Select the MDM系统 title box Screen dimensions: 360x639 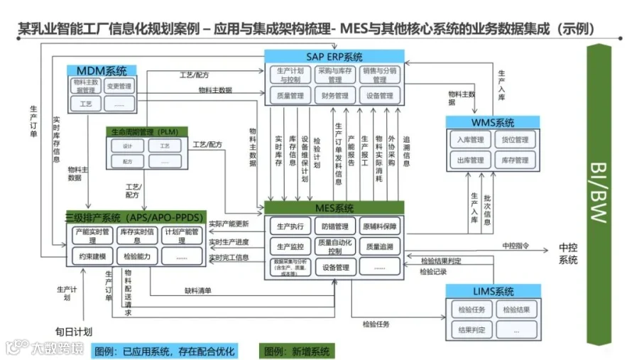(x=101, y=71)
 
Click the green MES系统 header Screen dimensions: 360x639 (x=334, y=208)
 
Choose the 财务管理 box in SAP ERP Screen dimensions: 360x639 (x=334, y=96)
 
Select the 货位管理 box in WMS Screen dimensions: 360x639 (x=512, y=140)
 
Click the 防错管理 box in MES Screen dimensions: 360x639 (x=334, y=227)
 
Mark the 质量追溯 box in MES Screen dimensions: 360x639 (x=380, y=246)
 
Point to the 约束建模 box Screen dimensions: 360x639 (x=92, y=256)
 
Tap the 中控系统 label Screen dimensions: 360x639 (x=568, y=253)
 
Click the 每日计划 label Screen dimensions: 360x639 (x=75, y=332)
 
